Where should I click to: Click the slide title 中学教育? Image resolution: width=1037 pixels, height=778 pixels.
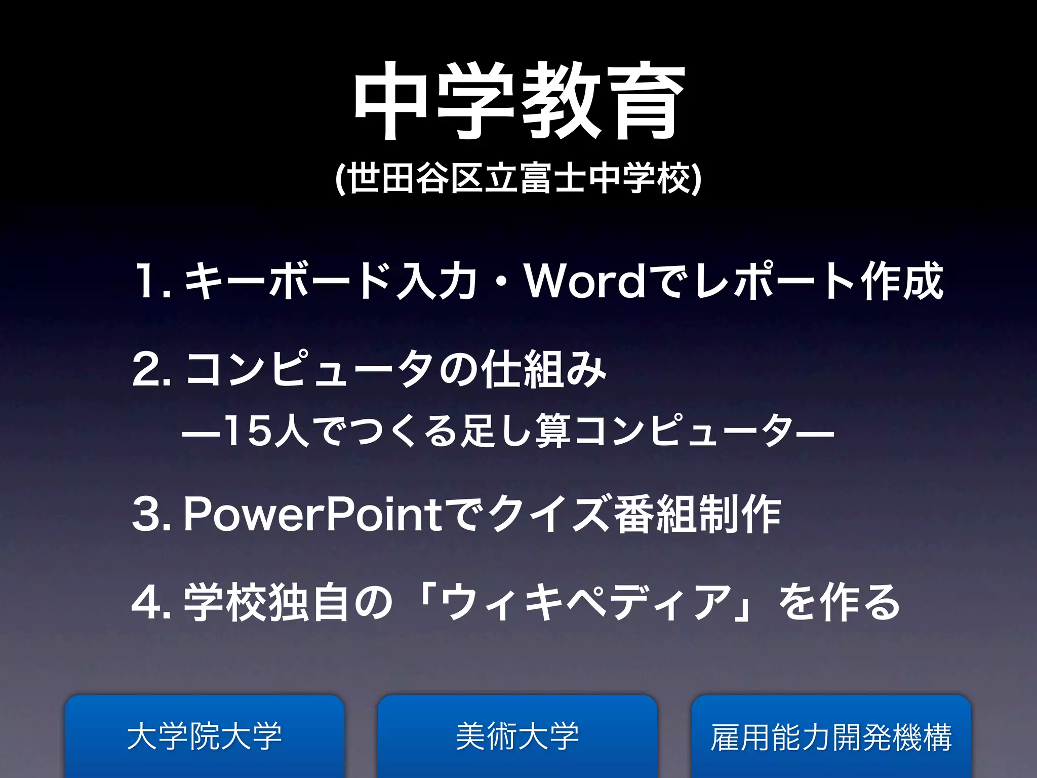pyautogui.click(x=518, y=101)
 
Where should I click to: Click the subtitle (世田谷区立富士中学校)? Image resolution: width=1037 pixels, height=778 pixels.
pyautogui.click(x=518, y=178)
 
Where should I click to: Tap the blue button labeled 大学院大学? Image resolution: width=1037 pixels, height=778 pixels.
pyautogui.click(x=205, y=736)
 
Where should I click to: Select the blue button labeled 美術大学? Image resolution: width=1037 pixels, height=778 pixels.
pyautogui.click(x=517, y=736)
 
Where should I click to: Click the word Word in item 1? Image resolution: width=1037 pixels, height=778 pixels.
pyautogui.click(x=586, y=282)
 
